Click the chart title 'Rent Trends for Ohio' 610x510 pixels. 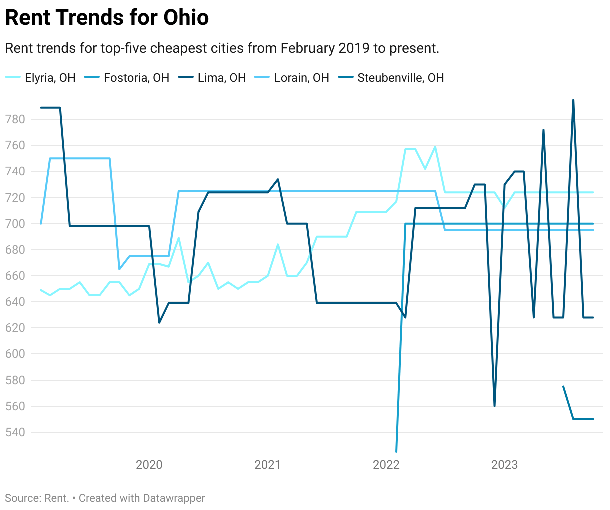pyautogui.click(x=107, y=18)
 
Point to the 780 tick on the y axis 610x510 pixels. pyautogui.click(x=15, y=119)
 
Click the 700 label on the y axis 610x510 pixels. pyautogui.click(x=15, y=224)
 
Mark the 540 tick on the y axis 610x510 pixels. pyautogui.click(x=15, y=432)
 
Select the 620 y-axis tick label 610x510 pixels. pyautogui.click(x=15, y=328)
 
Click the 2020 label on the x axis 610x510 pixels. pyautogui.click(x=149, y=465)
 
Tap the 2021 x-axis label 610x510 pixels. pyautogui.click(x=268, y=465)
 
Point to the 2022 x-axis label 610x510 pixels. pyautogui.click(x=386, y=465)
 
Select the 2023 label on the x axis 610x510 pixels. pyautogui.click(x=505, y=465)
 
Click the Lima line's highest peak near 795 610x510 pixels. pyautogui.click(x=573, y=100)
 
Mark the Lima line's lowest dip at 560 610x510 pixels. pyautogui.click(x=494, y=406)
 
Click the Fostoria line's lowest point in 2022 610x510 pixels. pyautogui.click(x=396, y=451)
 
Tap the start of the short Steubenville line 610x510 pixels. pyautogui.click(x=563, y=386)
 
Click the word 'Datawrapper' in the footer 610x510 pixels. pyautogui.click(x=174, y=498)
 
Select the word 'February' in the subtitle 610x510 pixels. pyautogui.click(x=307, y=48)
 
